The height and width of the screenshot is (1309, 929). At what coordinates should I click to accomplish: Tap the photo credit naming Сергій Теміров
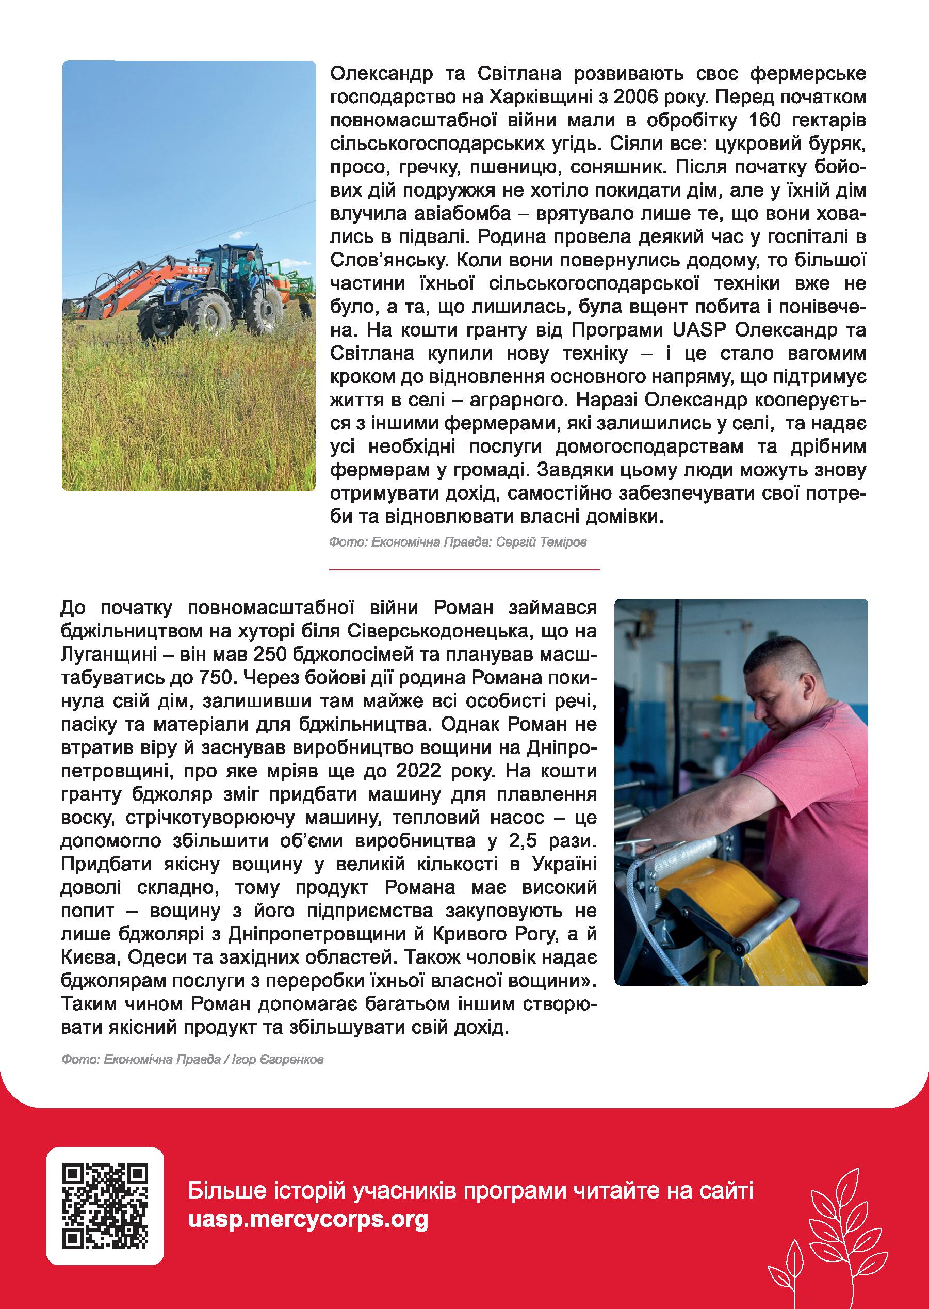458,542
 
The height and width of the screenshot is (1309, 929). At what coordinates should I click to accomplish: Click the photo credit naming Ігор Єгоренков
192,1060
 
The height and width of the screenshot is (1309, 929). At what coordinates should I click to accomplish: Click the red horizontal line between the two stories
464,569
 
